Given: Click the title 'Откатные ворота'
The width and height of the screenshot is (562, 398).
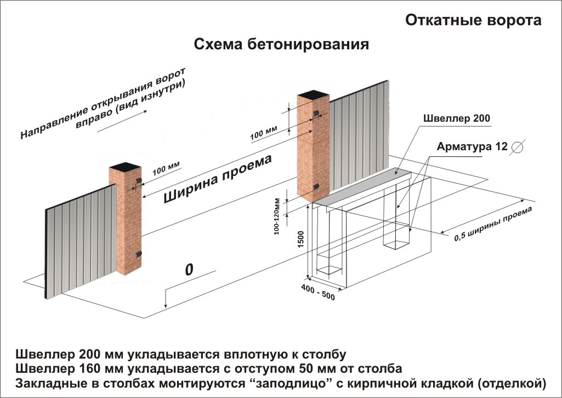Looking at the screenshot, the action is pyautogui.click(x=473, y=20).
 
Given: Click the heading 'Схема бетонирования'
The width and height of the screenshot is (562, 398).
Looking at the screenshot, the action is pyautogui.click(x=281, y=44).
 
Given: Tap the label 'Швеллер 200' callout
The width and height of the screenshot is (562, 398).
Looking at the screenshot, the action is pyautogui.click(x=457, y=118).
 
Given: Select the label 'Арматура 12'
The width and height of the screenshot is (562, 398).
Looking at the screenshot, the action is pyautogui.click(x=472, y=146).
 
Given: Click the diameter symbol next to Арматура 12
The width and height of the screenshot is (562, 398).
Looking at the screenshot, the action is pyautogui.click(x=518, y=147).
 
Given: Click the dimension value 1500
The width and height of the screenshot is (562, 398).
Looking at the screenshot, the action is pyautogui.click(x=300, y=239).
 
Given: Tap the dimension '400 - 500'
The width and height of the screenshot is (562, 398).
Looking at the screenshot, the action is pyautogui.click(x=318, y=292).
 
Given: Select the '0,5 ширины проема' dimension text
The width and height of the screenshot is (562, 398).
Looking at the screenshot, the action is pyautogui.click(x=493, y=224).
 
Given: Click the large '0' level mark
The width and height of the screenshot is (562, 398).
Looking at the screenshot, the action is pyautogui.click(x=189, y=269).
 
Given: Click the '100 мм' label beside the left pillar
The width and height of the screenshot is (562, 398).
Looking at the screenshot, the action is pyautogui.click(x=166, y=168).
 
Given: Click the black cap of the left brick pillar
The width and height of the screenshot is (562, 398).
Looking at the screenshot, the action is pyautogui.click(x=124, y=167).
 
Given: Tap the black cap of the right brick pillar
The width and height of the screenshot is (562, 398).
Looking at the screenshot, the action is pyautogui.click(x=313, y=95).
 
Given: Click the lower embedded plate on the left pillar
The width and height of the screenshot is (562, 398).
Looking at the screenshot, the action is pyautogui.click(x=138, y=254).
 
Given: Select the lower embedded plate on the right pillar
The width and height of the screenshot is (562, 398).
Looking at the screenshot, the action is pyautogui.click(x=316, y=187).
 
